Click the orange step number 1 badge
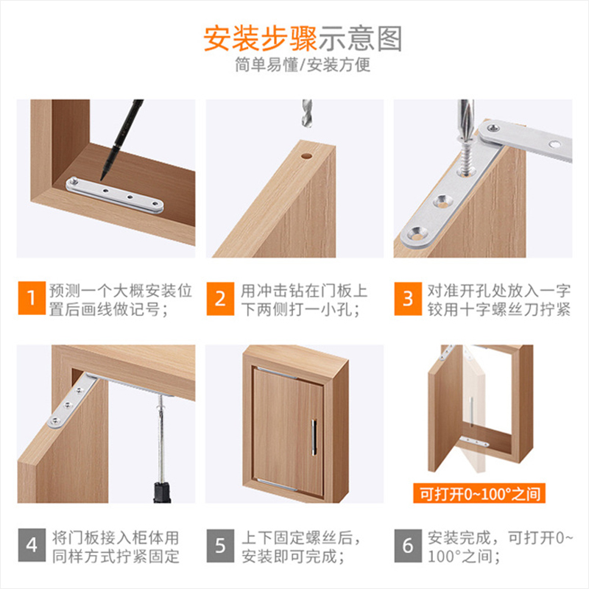click(32, 298)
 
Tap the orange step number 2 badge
click(220, 299)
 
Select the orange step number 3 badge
click(408, 299)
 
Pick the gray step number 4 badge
click(32, 545)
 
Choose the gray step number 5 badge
click(220, 546)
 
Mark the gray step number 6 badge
click(408, 546)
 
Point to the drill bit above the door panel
click(307, 113)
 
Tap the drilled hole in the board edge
click(306, 155)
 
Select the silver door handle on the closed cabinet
click(314, 437)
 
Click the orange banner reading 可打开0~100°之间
click(479, 493)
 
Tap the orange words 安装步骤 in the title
click(261, 39)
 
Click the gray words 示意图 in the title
click(361, 39)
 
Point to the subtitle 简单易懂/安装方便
click(303, 65)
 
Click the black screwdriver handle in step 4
click(162, 493)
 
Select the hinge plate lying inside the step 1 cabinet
click(115, 195)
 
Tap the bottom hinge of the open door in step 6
click(474, 442)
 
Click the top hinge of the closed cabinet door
click(278, 373)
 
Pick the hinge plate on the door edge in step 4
click(71, 402)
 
